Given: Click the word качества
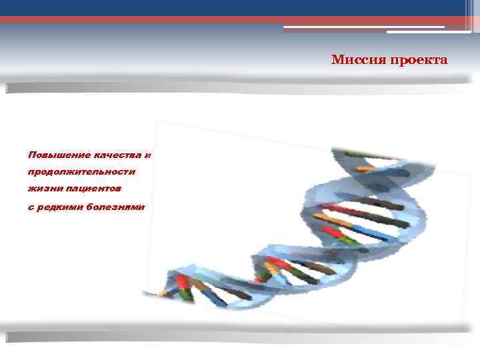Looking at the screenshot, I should point(118,155).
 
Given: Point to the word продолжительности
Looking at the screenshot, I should point(81,172).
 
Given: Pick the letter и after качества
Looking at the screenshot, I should point(148,155).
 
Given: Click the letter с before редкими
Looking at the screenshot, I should point(31,207).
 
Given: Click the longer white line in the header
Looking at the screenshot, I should point(363,27).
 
